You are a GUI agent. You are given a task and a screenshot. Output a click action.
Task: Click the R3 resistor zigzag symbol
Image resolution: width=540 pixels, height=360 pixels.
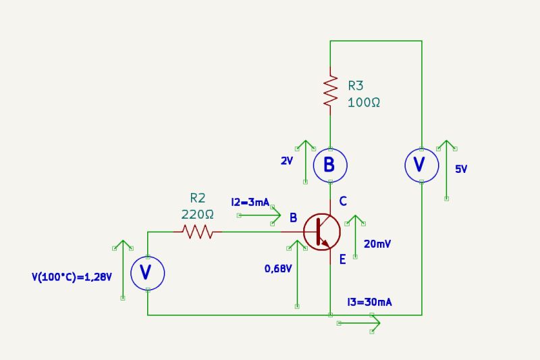(x=330, y=91)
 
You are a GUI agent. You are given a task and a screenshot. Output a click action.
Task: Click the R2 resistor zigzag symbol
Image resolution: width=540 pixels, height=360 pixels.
(x=198, y=232)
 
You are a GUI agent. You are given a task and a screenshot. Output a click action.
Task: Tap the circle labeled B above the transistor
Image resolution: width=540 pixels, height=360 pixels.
(x=329, y=165)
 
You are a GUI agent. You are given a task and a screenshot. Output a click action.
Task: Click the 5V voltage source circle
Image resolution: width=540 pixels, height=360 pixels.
(x=421, y=165)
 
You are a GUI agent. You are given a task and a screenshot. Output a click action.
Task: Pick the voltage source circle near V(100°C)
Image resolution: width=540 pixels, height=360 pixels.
(x=147, y=272)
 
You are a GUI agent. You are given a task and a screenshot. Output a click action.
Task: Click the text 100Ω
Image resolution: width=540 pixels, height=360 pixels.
(x=364, y=103)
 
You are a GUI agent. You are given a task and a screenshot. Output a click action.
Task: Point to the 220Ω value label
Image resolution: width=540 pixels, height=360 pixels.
(x=197, y=214)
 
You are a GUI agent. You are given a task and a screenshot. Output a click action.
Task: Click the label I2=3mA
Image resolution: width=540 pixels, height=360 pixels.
(x=250, y=202)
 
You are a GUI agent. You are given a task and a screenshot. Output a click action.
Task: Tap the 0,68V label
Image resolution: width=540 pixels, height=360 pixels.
(x=278, y=269)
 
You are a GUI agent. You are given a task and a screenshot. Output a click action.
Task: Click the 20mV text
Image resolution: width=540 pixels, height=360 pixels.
(x=376, y=244)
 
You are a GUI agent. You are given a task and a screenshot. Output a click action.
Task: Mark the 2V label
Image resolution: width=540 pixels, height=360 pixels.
(x=287, y=162)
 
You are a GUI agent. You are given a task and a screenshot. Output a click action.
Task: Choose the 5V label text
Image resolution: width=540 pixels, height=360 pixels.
(x=461, y=170)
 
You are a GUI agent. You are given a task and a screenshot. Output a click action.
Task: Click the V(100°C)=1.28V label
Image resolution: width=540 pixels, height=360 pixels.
(x=71, y=276)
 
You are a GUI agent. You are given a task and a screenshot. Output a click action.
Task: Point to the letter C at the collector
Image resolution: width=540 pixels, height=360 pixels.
(x=343, y=201)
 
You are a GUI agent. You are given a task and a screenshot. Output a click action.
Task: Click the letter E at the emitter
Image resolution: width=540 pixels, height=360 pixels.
(x=342, y=259)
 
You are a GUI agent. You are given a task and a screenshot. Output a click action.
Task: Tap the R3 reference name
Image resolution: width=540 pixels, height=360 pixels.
(x=356, y=86)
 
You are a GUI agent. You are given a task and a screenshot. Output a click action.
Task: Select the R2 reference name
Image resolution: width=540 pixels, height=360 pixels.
(x=197, y=198)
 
